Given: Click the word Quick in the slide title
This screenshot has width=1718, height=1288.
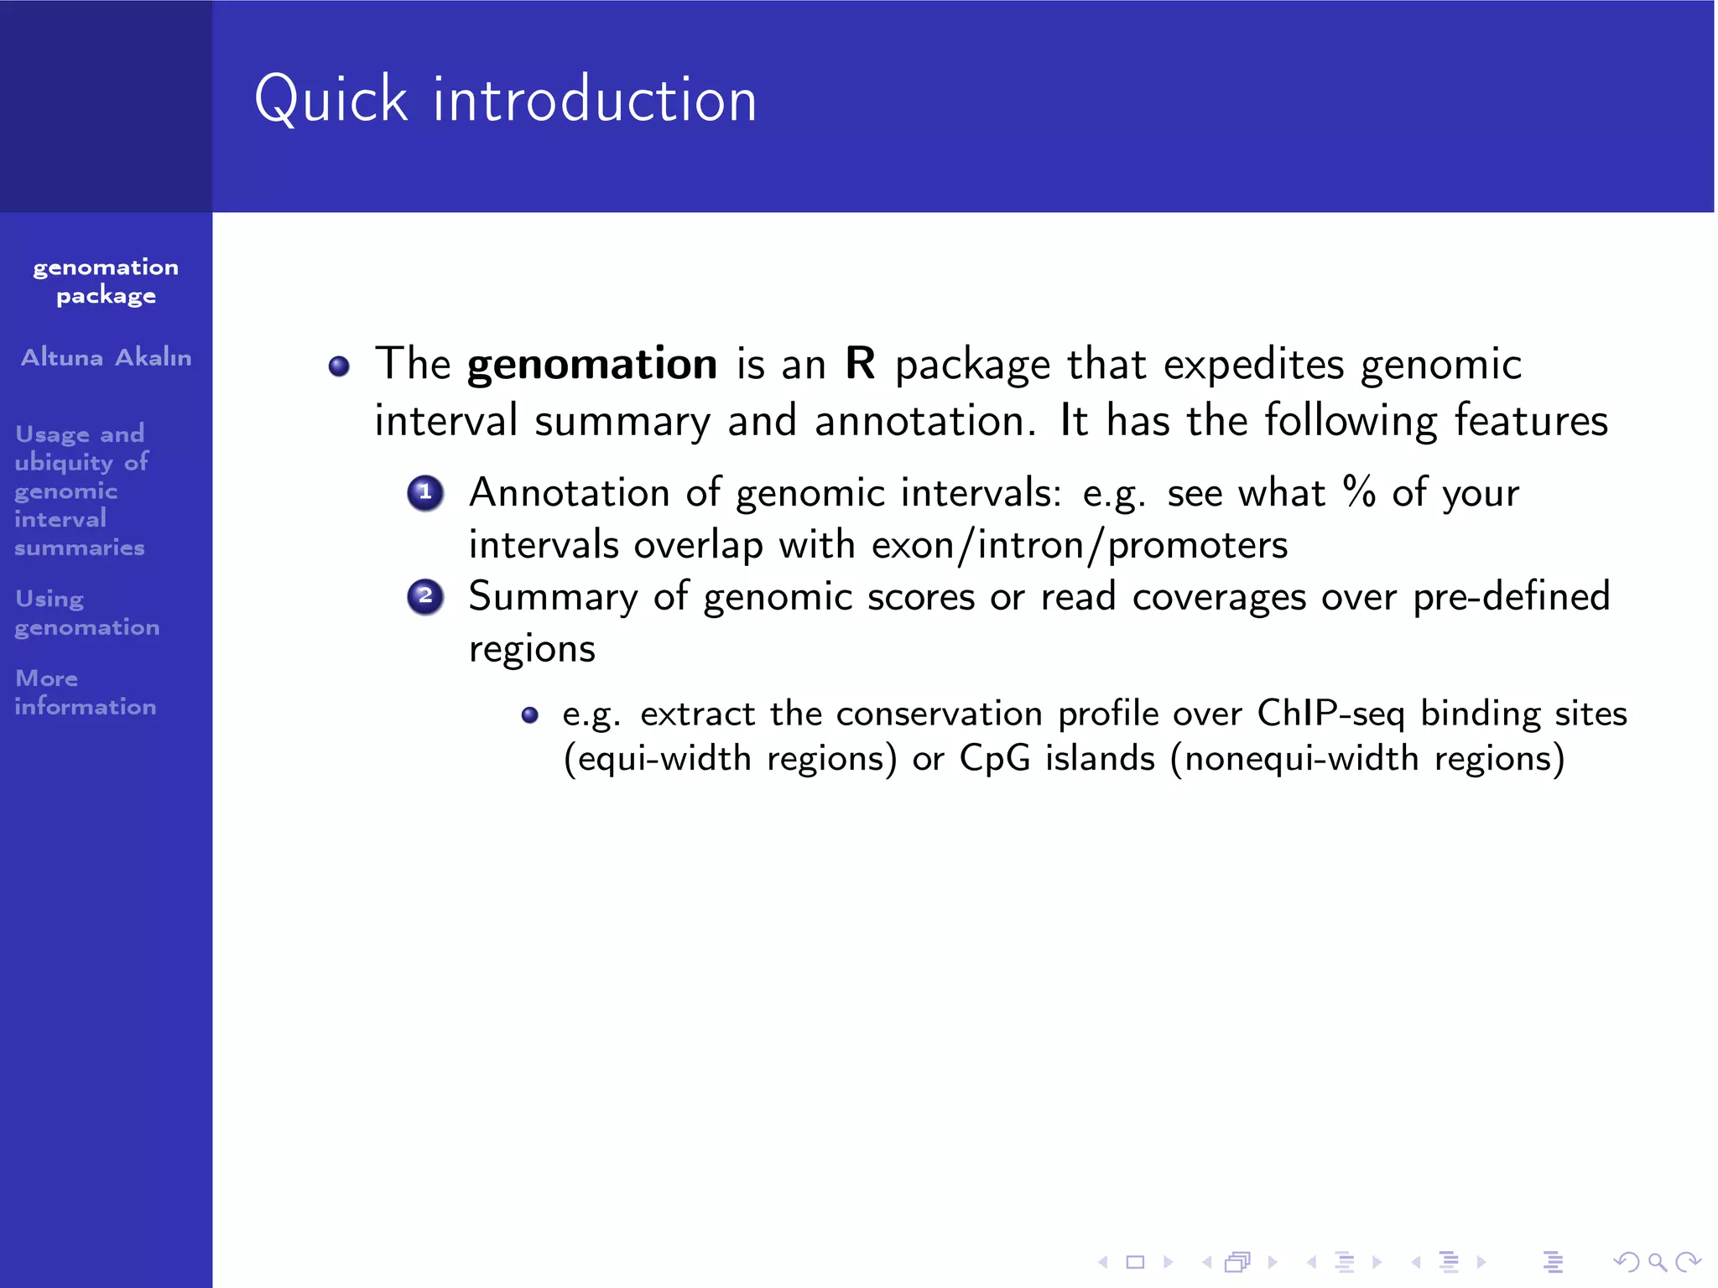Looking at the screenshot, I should pyautogui.click(x=331, y=100).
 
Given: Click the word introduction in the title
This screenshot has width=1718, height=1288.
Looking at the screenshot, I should pyautogui.click(x=594, y=100).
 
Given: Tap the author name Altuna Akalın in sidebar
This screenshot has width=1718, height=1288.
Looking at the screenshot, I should pyautogui.click(x=106, y=357).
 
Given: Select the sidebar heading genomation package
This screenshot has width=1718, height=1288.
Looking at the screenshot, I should pyautogui.click(x=106, y=281).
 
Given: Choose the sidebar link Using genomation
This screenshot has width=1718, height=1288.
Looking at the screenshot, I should pyautogui.click(x=86, y=613).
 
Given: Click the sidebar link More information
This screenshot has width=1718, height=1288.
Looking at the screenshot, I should pyautogui.click(x=85, y=692).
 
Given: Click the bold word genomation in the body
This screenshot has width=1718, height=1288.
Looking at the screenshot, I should pyautogui.click(x=591, y=364).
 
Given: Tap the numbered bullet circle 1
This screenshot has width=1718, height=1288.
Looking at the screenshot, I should pyautogui.click(x=425, y=493).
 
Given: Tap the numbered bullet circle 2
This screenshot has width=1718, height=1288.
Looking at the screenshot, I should pyautogui.click(x=425, y=596).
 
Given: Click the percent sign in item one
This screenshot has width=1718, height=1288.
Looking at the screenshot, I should pyautogui.click(x=1358, y=491).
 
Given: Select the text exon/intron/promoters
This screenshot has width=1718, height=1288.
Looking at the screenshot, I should pyautogui.click(x=1079, y=546).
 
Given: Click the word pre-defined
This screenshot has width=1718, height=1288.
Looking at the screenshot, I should pyautogui.click(x=1511, y=597).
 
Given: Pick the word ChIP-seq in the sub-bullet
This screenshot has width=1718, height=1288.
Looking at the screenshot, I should pyautogui.click(x=1330, y=714).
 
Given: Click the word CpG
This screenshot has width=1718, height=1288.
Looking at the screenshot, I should pyautogui.click(x=994, y=758).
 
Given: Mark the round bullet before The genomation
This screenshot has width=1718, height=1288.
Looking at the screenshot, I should pyautogui.click(x=339, y=366).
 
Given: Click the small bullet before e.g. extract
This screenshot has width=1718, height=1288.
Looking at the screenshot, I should pyautogui.click(x=529, y=715).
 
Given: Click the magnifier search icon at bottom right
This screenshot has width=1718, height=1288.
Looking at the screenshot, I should pyautogui.click(x=1656, y=1261).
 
